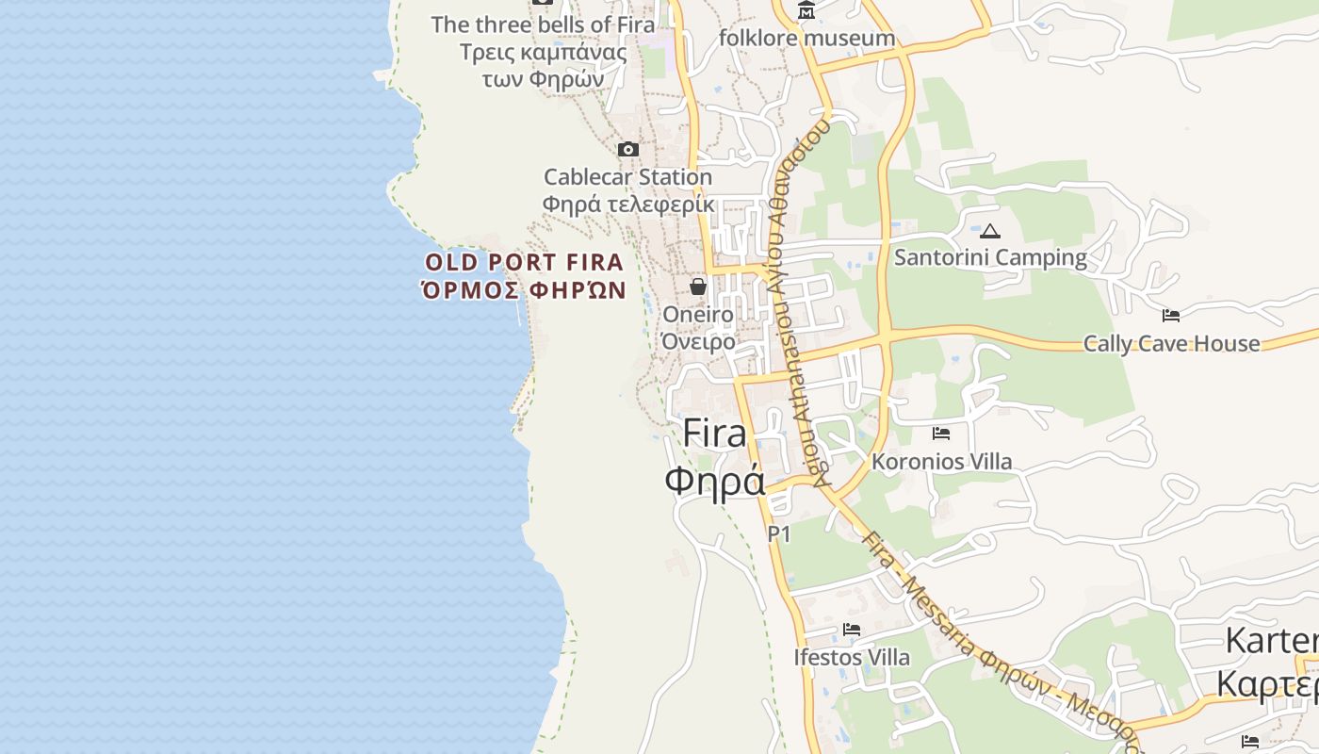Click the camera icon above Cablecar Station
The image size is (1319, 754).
627,150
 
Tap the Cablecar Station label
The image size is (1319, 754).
627,177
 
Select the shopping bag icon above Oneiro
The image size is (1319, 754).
698,287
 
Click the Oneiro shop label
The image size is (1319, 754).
698,314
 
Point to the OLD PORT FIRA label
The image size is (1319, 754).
524,262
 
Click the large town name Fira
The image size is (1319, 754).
714,433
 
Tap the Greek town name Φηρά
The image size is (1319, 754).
714,481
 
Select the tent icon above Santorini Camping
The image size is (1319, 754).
989,231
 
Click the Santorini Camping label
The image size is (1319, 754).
990,257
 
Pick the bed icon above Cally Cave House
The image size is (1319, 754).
1171,316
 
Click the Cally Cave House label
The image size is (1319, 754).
1171,343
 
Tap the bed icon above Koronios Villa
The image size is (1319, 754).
941,434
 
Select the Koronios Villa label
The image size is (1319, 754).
941,462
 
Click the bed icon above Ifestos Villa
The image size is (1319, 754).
852,630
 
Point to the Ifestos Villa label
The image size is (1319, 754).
852,657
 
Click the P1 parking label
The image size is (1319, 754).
779,534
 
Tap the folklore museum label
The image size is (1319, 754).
806,38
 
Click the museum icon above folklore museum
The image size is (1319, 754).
806,11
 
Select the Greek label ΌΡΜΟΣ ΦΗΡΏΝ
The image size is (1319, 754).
524,289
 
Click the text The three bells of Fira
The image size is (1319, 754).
543,25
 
